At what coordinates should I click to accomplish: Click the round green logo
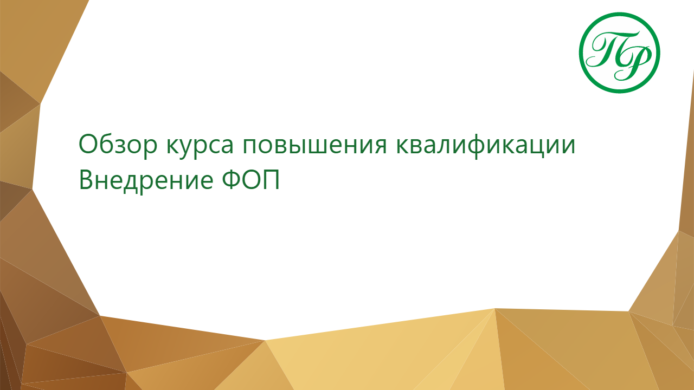(620, 53)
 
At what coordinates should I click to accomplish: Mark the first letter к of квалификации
(403, 146)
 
